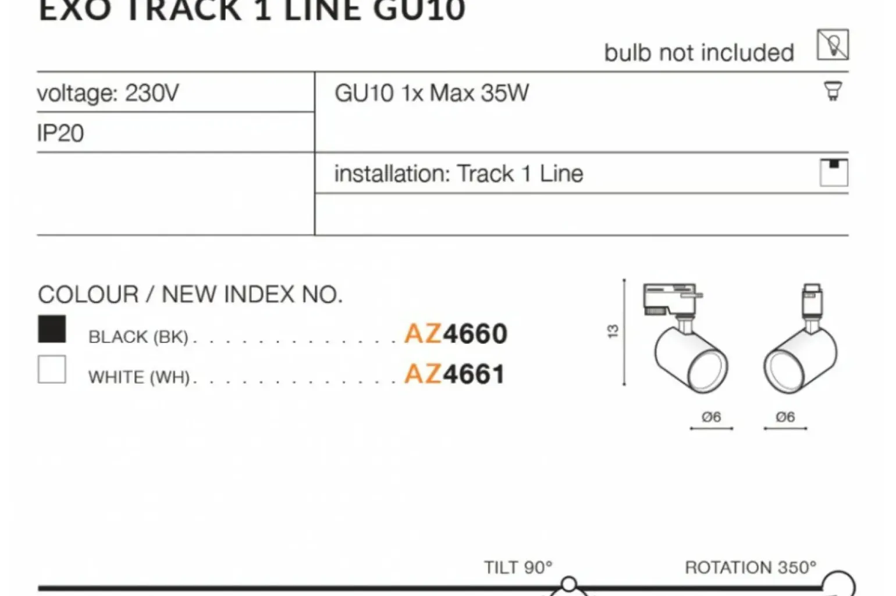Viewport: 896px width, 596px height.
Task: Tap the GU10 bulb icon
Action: click(833, 91)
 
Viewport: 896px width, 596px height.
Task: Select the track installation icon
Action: click(834, 173)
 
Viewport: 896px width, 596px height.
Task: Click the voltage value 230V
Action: click(152, 93)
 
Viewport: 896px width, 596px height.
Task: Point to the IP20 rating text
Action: click(61, 133)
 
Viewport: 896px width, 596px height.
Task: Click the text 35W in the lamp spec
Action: click(505, 93)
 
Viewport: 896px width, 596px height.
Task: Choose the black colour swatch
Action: click(52, 329)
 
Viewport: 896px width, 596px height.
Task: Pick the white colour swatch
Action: click(52, 369)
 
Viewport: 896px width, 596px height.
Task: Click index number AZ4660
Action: click(456, 333)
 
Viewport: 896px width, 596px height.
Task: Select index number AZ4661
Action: click(454, 374)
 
